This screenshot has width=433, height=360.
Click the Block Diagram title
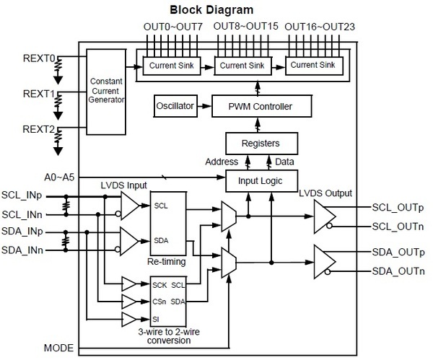pos(211,10)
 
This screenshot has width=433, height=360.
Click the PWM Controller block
pos(262,107)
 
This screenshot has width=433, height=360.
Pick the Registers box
pos(262,142)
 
